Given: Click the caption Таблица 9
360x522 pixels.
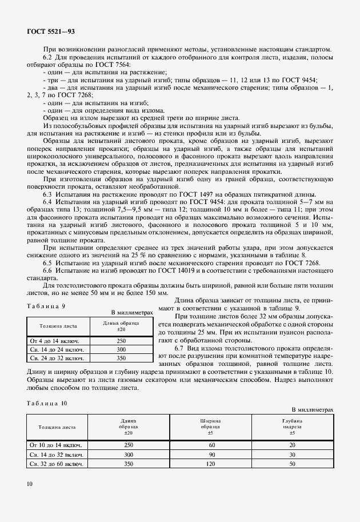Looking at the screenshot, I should [46, 306].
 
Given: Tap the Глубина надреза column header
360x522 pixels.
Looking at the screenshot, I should [292, 427].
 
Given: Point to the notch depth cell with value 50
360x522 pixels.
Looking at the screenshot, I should [292, 464].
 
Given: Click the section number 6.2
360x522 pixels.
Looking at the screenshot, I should [48, 58].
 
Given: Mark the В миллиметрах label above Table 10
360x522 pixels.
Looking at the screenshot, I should [312, 410].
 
